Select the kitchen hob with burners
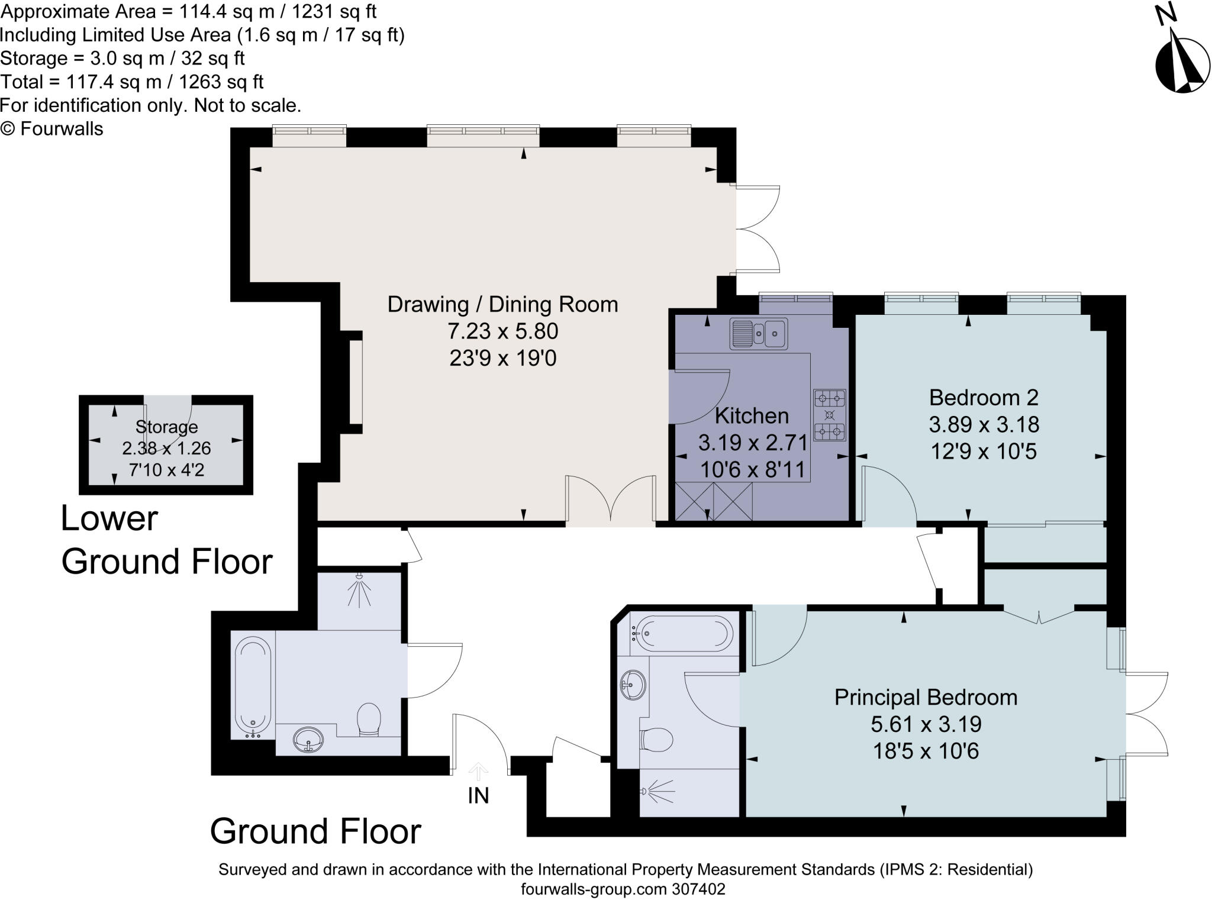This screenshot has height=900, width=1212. coord(830,415)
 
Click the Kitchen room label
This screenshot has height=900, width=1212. coord(752,416)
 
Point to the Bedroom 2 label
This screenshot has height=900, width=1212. coord(984,398)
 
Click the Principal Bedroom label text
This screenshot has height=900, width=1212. coord(926,698)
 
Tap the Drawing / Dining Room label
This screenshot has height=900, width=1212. coord(502,304)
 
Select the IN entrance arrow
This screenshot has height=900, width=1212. coord(478,771)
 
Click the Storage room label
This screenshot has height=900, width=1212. coord(166,427)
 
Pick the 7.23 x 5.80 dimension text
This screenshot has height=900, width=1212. coord(502,331)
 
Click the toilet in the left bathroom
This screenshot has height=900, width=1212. coord(369,720)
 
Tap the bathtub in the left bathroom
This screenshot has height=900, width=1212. coord(253,687)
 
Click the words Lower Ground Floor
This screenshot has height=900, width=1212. coord(166,540)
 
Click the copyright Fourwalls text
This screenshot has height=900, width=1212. coord(52,129)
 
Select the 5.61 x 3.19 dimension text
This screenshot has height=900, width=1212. coord(926,724)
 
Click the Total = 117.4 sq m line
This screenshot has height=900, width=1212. coord(131,82)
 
